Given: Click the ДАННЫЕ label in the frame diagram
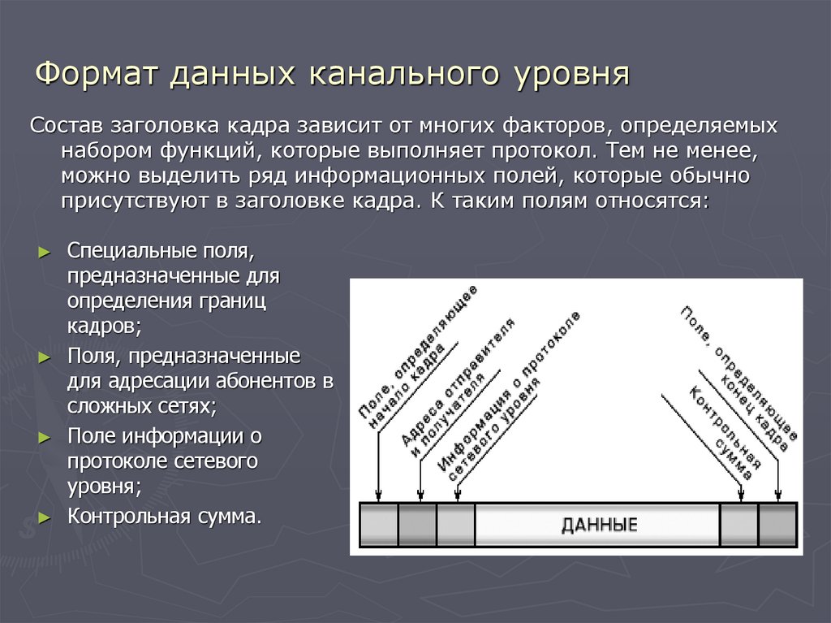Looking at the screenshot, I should coord(599,525).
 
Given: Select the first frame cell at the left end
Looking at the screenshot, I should coord(379,525).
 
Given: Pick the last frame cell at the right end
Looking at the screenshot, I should coord(777,525).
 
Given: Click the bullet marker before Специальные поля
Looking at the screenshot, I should coord(45,250).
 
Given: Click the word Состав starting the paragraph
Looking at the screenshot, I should coord(68,127).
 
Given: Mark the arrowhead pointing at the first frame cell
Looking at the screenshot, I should coord(378,495).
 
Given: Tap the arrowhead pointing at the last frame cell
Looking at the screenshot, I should coord(777,495).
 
